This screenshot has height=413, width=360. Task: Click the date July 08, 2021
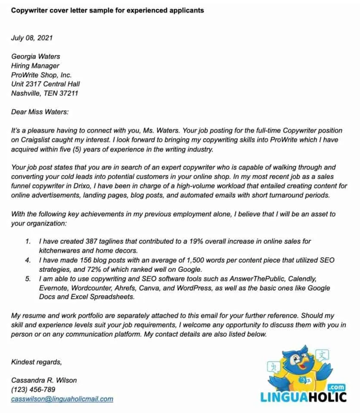[x=32, y=37]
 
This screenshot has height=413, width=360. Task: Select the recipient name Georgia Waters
[x=35, y=56]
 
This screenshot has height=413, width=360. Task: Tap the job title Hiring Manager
[x=35, y=66]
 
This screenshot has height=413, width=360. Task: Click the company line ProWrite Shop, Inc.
[x=41, y=75]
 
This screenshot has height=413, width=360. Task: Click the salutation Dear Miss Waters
[x=40, y=112]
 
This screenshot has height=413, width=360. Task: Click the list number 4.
[x=28, y=260]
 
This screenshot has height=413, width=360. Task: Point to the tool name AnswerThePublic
[x=251, y=279]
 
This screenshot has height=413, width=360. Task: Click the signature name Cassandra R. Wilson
[x=44, y=380]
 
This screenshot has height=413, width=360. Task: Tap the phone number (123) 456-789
[x=33, y=390]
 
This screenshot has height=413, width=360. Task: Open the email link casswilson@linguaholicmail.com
[x=62, y=399]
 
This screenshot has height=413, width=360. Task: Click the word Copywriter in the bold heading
[x=29, y=10]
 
